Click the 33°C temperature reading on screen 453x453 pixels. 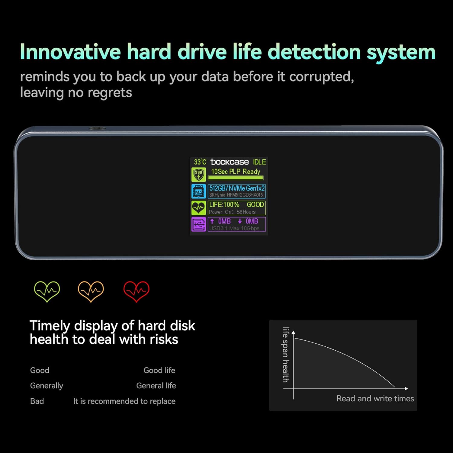click(x=200, y=162)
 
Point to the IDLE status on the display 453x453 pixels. click(x=259, y=162)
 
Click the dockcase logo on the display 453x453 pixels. click(x=230, y=162)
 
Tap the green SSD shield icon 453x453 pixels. click(x=198, y=175)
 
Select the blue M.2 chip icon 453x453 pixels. click(x=198, y=191)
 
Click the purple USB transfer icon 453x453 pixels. click(x=198, y=224)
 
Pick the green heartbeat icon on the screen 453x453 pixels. click(x=198, y=208)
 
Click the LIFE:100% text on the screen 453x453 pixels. click(x=224, y=205)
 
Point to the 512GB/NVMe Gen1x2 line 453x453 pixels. click(x=237, y=188)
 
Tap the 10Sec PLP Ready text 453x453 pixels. click(x=236, y=172)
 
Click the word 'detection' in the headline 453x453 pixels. click(x=314, y=52)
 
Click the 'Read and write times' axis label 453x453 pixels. click(x=375, y=399)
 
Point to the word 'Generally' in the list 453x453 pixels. click(x=47, y=386)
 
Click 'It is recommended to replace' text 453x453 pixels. click(x=124, y=401)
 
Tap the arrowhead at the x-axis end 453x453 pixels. click(x=406, y=389)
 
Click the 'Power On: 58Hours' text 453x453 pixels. click(x=232, y=212)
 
